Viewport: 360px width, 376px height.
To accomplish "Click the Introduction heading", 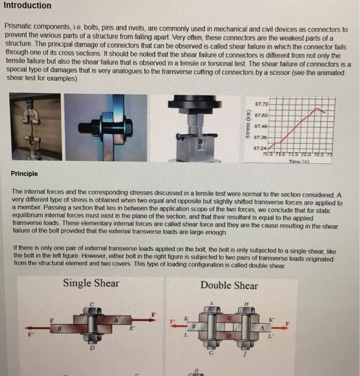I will [27, 6].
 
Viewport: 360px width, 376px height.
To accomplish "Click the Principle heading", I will [24, 174].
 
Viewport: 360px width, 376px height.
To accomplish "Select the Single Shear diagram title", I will [91, 283].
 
